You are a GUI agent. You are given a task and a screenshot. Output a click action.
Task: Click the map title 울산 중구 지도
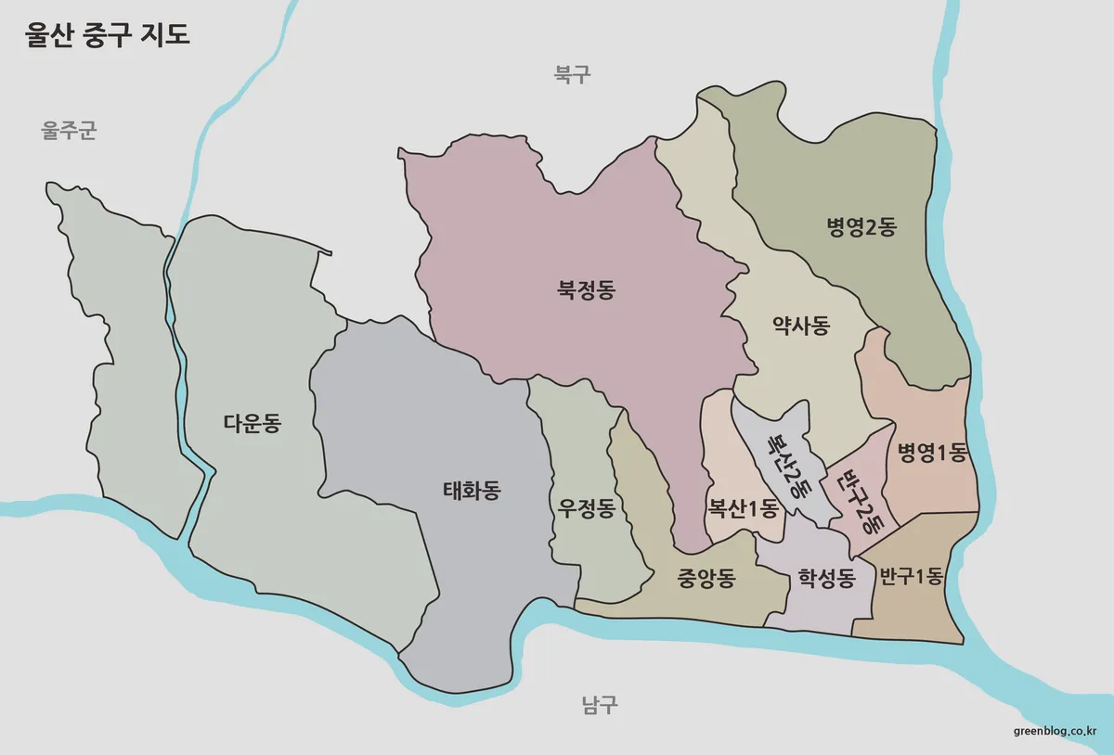(107, 36)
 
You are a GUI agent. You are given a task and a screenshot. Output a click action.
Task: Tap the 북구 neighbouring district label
(572, 74)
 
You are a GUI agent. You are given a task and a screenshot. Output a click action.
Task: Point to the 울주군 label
(69, 131)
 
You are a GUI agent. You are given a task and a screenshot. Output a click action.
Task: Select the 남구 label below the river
(599, 705)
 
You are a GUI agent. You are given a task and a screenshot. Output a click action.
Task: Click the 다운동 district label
(252, 424)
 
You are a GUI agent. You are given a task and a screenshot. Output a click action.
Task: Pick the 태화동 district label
(472, 490)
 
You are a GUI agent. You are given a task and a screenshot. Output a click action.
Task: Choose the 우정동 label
(586, 508)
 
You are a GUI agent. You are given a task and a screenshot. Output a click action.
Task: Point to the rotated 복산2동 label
(786, 464)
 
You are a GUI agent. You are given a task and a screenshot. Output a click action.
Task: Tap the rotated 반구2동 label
(860, 499)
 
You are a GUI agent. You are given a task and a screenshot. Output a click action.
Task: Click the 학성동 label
(826, 579)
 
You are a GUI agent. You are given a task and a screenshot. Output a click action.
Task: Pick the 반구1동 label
(911, 576)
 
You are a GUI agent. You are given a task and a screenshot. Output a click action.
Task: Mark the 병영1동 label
(932, 453)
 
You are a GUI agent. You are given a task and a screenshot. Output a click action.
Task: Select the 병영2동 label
(861, 226)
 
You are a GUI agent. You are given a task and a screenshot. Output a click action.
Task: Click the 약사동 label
(800, 326)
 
